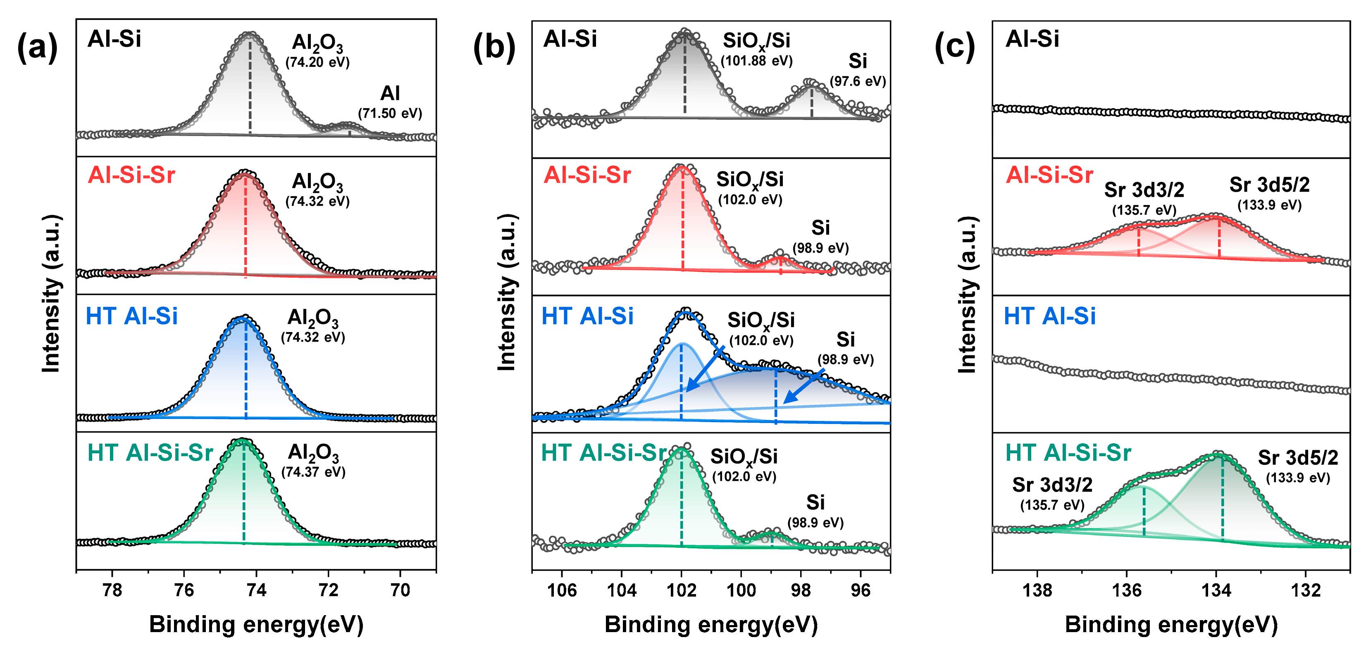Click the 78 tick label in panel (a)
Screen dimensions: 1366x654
[x=112, y=590]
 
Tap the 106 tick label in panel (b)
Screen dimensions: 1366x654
[x=562, y=590]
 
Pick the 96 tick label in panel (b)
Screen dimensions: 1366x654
[x=860, y=590]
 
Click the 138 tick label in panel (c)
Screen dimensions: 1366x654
[x=1037, y=590]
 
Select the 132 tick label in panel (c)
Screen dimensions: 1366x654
[x=1306, y=590]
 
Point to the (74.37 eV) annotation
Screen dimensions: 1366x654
[x=313, y=472]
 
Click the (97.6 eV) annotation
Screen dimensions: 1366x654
[x=858, y=81]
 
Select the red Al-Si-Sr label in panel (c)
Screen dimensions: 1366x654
[x=1049, y=175]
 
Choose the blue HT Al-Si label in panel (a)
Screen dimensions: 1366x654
[x=131, y=316]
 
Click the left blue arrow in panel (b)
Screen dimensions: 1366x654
[x=705, y=369]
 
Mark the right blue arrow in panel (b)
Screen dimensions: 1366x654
[x=803, y=387]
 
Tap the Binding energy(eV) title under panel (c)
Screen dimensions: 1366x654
[x=1171, y=625]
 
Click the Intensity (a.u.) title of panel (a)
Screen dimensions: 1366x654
[x=51, y=293]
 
